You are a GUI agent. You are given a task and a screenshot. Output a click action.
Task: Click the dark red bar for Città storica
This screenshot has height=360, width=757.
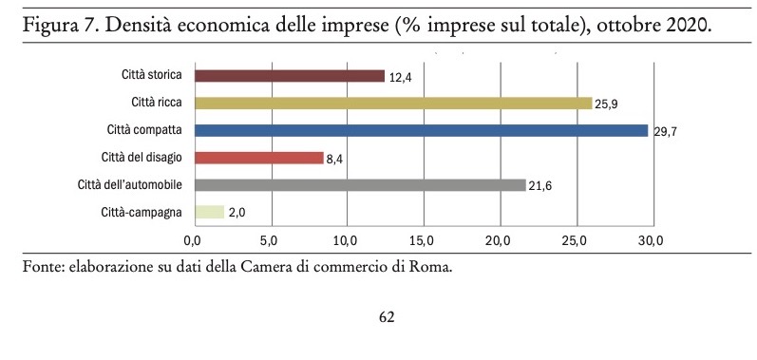coord(289,76)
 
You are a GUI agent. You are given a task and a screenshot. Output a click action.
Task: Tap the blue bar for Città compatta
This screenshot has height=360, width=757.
coord(421,130)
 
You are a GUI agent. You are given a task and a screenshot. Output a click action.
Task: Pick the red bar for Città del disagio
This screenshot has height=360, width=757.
coord(258,158)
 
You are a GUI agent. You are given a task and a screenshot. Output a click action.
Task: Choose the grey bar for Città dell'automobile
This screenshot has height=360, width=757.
coord(359,185)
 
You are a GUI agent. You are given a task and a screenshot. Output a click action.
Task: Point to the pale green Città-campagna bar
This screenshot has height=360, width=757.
coord(209,213)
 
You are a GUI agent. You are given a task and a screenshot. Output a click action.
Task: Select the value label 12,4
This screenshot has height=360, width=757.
coord(402,77)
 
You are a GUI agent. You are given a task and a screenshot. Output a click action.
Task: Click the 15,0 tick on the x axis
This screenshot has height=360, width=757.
coord(423,238)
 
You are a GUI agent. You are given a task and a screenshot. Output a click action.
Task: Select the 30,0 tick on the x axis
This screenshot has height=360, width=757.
coord(651,238)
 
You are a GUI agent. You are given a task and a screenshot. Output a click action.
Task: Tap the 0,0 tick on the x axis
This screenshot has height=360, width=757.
coord(194,238)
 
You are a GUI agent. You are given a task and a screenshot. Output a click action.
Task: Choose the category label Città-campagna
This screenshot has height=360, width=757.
coord(142,213)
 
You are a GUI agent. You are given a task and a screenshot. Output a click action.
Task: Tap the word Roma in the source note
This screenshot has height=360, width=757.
coord(432,267)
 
